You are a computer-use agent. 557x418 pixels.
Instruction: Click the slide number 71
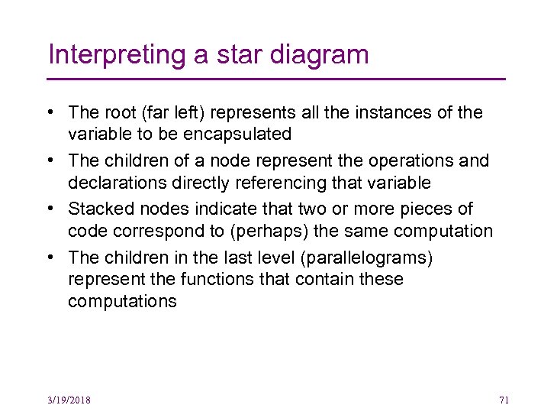(504, 400)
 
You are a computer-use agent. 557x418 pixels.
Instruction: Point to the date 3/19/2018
(69, 400)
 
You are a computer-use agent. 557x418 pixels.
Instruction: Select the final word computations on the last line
(122, 301)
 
